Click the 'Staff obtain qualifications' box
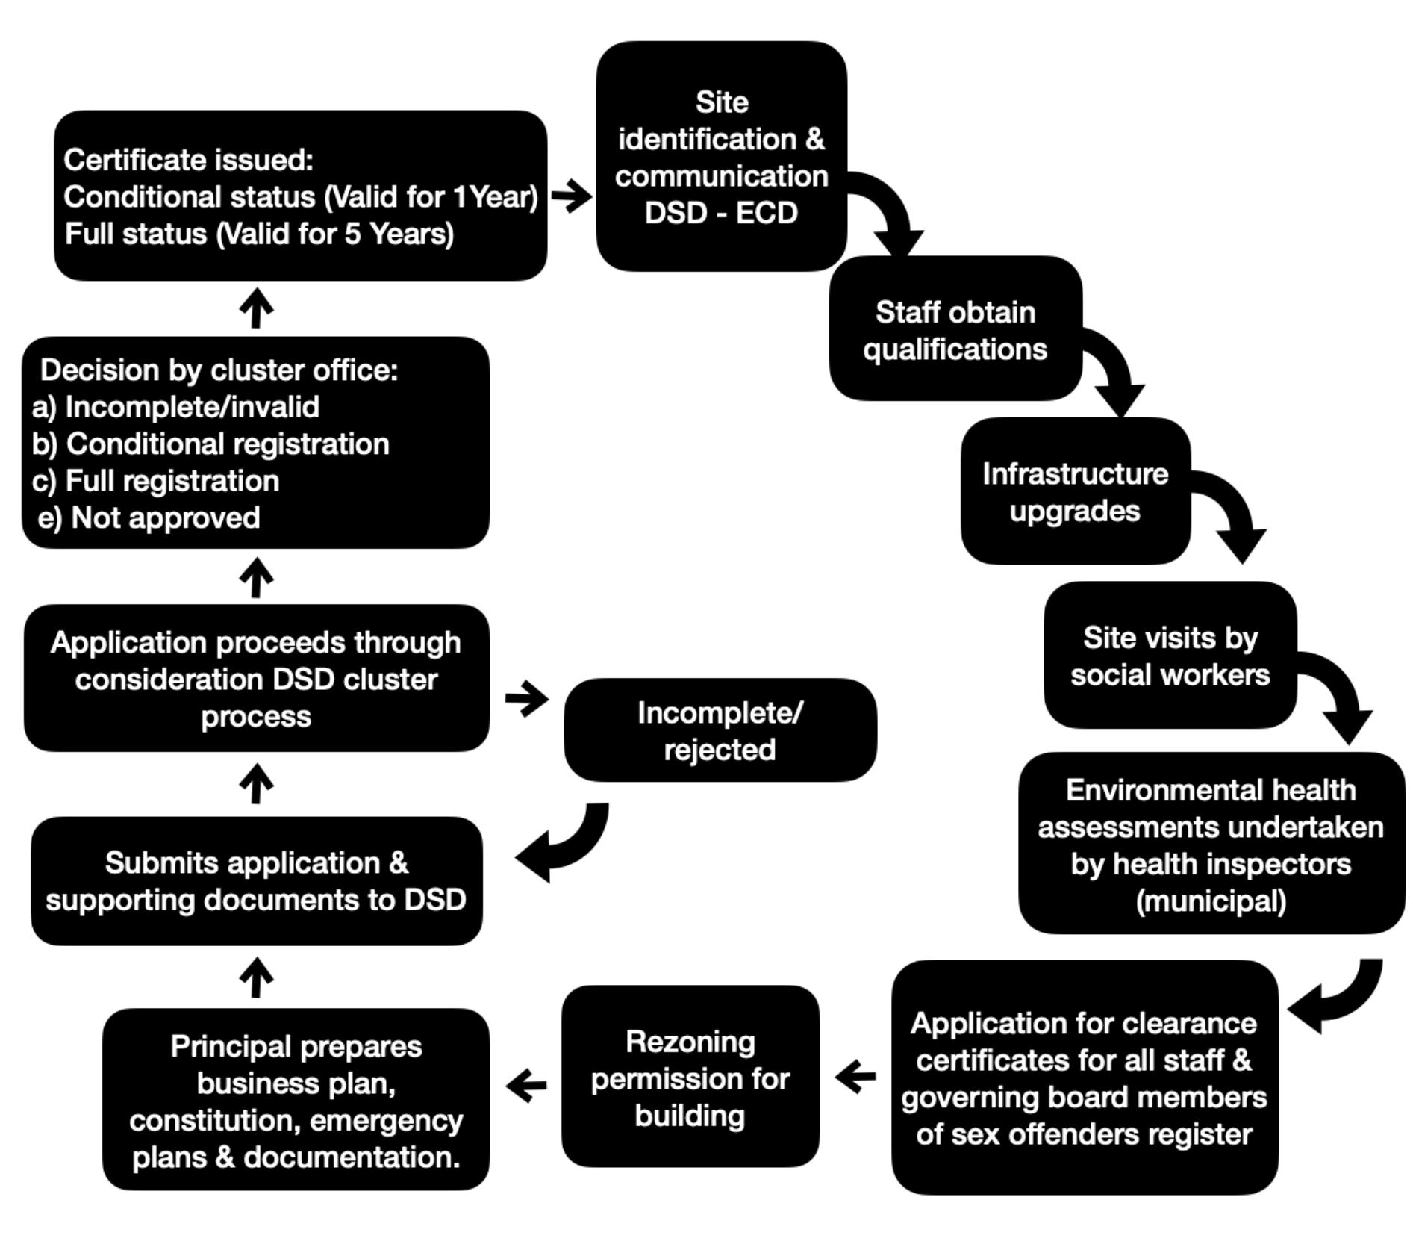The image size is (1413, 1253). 955,330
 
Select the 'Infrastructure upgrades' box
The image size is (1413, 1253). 1075,492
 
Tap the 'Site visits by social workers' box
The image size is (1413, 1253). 1170,656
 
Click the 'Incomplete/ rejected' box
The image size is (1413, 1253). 720,731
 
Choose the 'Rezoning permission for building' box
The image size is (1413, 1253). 690,1078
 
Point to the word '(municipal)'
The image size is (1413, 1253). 1211,901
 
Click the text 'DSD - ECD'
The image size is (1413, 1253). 721,213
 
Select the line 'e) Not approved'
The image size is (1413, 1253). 149,517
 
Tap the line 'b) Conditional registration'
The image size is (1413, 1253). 210,444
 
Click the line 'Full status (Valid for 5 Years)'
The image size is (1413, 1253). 259,234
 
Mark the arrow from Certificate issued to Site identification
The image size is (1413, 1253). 572,196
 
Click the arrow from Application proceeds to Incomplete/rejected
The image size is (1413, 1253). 527,699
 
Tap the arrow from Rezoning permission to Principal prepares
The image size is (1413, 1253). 526,1085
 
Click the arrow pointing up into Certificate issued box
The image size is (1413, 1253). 256,308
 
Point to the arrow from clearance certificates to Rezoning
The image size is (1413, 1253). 855,1077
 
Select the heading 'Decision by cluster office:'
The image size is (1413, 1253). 219,370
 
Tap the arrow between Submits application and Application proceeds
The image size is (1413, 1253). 256,783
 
